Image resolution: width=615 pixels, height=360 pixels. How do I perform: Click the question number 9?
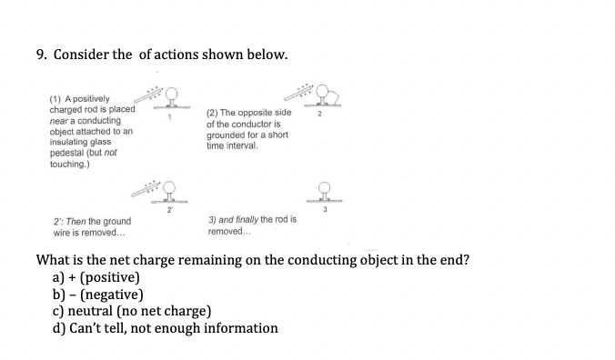(41, 55)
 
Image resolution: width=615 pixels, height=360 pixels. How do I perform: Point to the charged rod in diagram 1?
(147, 95)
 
